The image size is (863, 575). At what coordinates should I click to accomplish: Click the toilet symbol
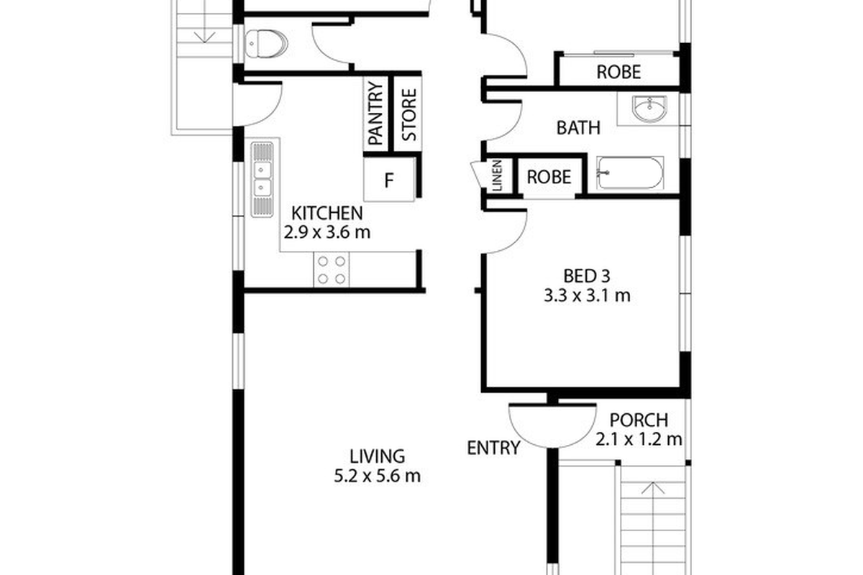point(267,44)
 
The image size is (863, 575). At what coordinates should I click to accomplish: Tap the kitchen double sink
point(262,180)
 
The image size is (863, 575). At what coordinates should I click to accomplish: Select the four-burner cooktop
point(332,270)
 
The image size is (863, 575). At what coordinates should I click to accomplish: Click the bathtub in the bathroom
point(630,173)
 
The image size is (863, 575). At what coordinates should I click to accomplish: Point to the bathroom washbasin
point(649,109)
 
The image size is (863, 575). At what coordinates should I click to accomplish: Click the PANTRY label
point(375,114)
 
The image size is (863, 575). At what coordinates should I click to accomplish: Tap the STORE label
point(409,115)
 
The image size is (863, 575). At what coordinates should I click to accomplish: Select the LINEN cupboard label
point(498,175)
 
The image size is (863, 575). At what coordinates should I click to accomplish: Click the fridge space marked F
point(389,180)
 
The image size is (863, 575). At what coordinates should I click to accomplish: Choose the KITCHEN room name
point(327,213)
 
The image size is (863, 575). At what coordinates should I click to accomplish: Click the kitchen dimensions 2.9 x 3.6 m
point(327,232)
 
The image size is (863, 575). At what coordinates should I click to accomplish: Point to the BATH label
point(578,128)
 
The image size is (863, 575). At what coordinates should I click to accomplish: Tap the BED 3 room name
point(587,276)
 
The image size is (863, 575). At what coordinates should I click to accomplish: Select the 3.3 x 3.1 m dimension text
point(587,296)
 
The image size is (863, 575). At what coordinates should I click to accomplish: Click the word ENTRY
point(493,448)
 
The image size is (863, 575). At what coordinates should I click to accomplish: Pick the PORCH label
point(639,420)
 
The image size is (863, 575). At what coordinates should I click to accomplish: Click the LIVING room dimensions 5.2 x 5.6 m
point(377,477)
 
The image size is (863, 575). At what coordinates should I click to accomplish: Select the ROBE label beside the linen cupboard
point(549,177)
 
